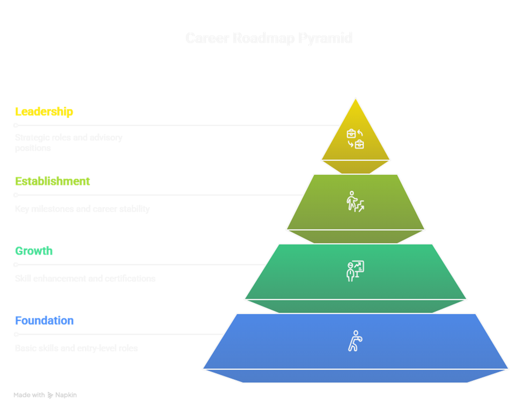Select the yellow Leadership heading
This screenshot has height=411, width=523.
[44, 111]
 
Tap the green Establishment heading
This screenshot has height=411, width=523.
[53, 181]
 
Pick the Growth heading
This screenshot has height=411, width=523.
[34, 251]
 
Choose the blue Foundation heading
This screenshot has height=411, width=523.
[45, 320]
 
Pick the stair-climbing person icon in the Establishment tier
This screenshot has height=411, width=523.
[355, 201]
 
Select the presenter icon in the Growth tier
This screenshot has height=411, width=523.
[355, 271]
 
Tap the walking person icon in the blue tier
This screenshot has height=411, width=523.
[354, 341]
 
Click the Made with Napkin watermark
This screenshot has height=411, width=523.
[45, 395]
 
